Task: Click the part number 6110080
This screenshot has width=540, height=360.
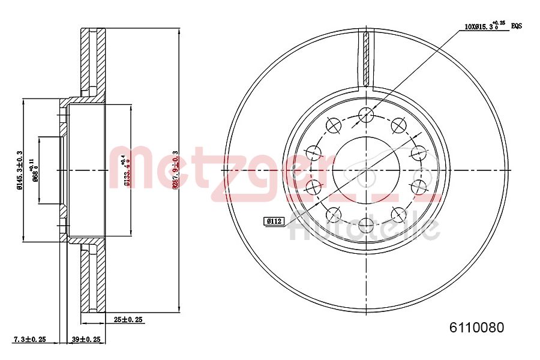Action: coord(476,328)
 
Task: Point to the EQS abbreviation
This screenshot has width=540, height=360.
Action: coord(517,26)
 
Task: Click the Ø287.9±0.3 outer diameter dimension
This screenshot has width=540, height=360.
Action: coord(176,170)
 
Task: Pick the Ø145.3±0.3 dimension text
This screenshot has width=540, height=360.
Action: coord(20,170)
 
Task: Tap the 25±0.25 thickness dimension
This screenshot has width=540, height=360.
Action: coord(128,320)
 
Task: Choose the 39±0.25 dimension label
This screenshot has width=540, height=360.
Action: coord(86,339)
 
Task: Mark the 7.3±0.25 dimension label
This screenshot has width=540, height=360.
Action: coord(30,339)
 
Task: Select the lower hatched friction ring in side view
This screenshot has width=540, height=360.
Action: coord(93,279)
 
